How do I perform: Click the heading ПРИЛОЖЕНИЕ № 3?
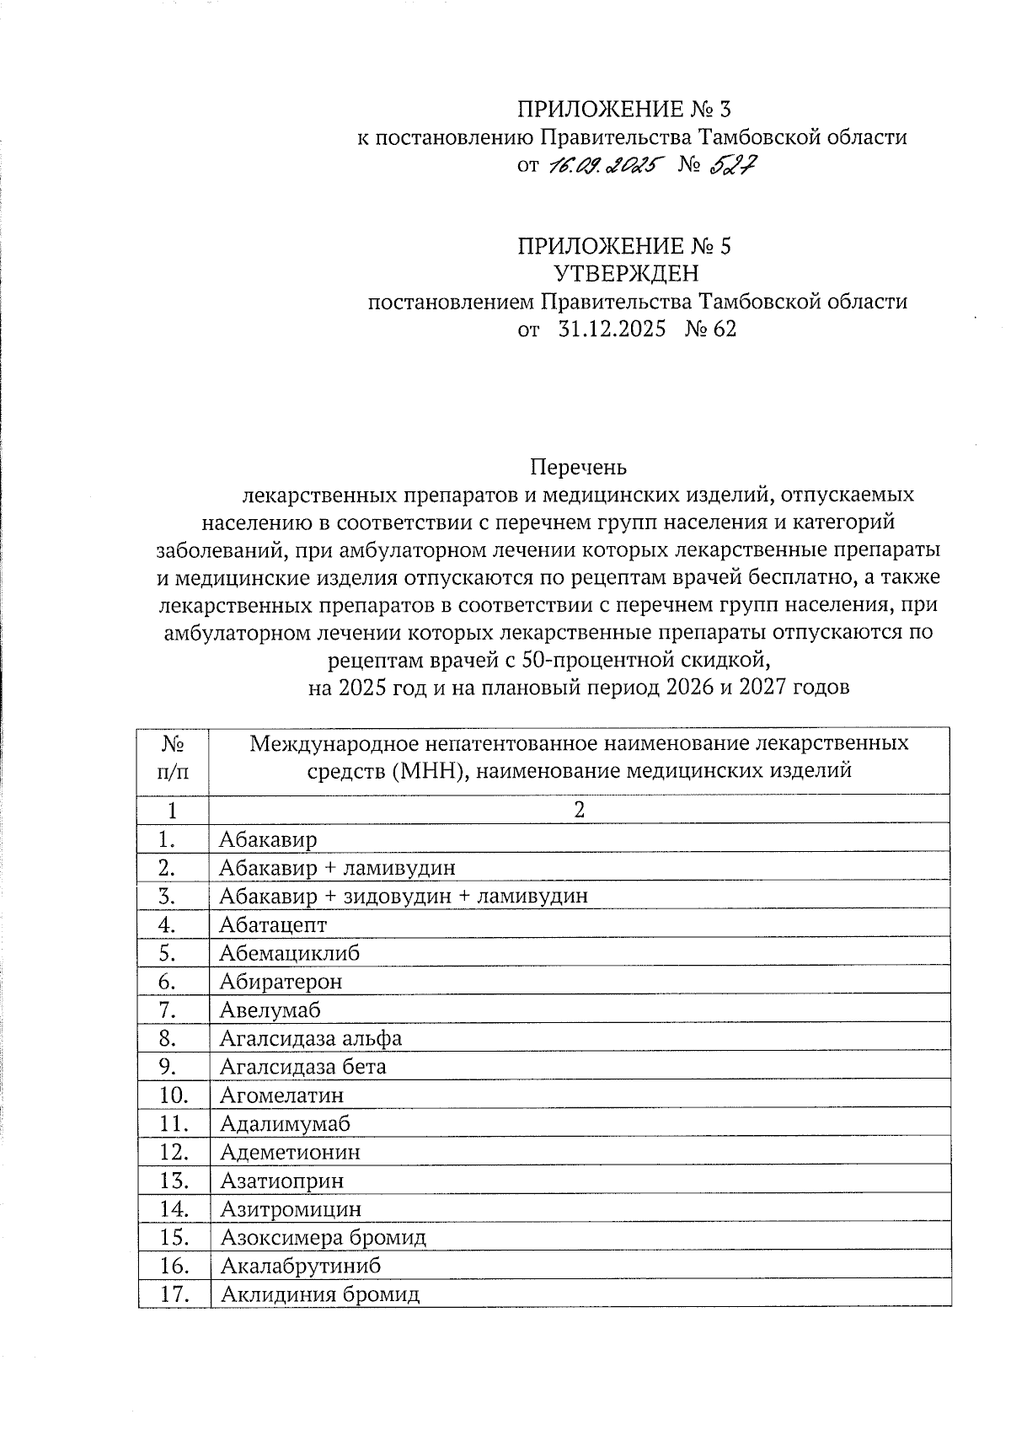[x=624, y=109]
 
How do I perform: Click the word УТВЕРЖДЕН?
[x=625, y=274]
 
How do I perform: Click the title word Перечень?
[x=578, y=466]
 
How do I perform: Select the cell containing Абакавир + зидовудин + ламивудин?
[x=404, y=896]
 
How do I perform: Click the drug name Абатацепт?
[x=273, y=924]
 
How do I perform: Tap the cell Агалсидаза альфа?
[x=311, y=1038]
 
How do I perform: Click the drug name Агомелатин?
[x=282, y=1095]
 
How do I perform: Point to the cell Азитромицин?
[x=291, y=1209]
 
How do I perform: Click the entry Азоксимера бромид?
[x=324, y=1238]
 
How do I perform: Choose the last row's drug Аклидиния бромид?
[x=320, y=1295]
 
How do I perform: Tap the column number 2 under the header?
[x=579, y=810]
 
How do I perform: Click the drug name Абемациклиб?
[x=290, y=953]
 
